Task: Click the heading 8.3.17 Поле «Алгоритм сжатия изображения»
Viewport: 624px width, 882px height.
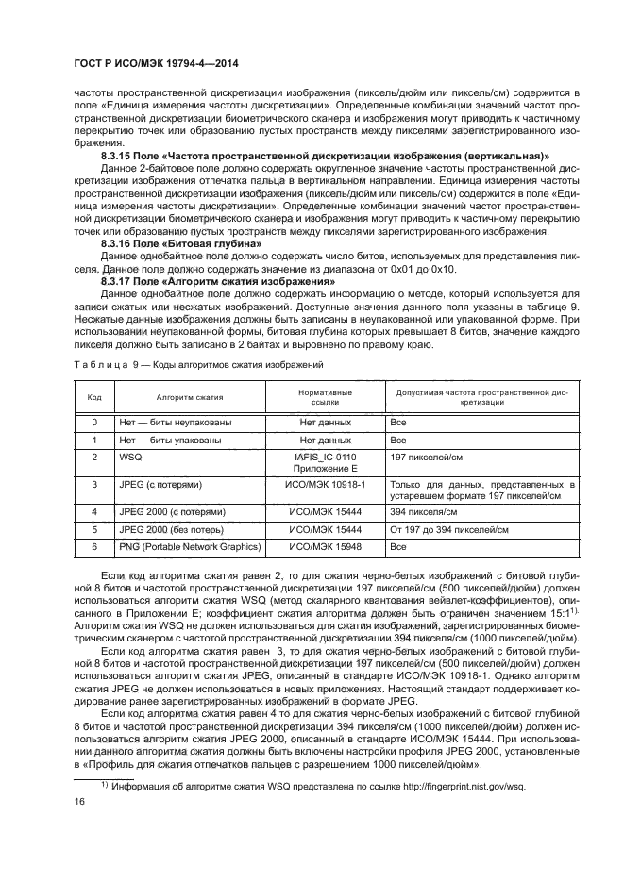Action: [x=218, y=281]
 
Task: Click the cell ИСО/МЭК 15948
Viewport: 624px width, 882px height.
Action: [x=325, y=546]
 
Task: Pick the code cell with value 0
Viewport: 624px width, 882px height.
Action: [x=95, y=422]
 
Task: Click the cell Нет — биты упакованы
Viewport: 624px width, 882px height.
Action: [x=170, y=439]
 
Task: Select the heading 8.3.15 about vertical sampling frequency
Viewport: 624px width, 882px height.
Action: [x=326, y=154]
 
